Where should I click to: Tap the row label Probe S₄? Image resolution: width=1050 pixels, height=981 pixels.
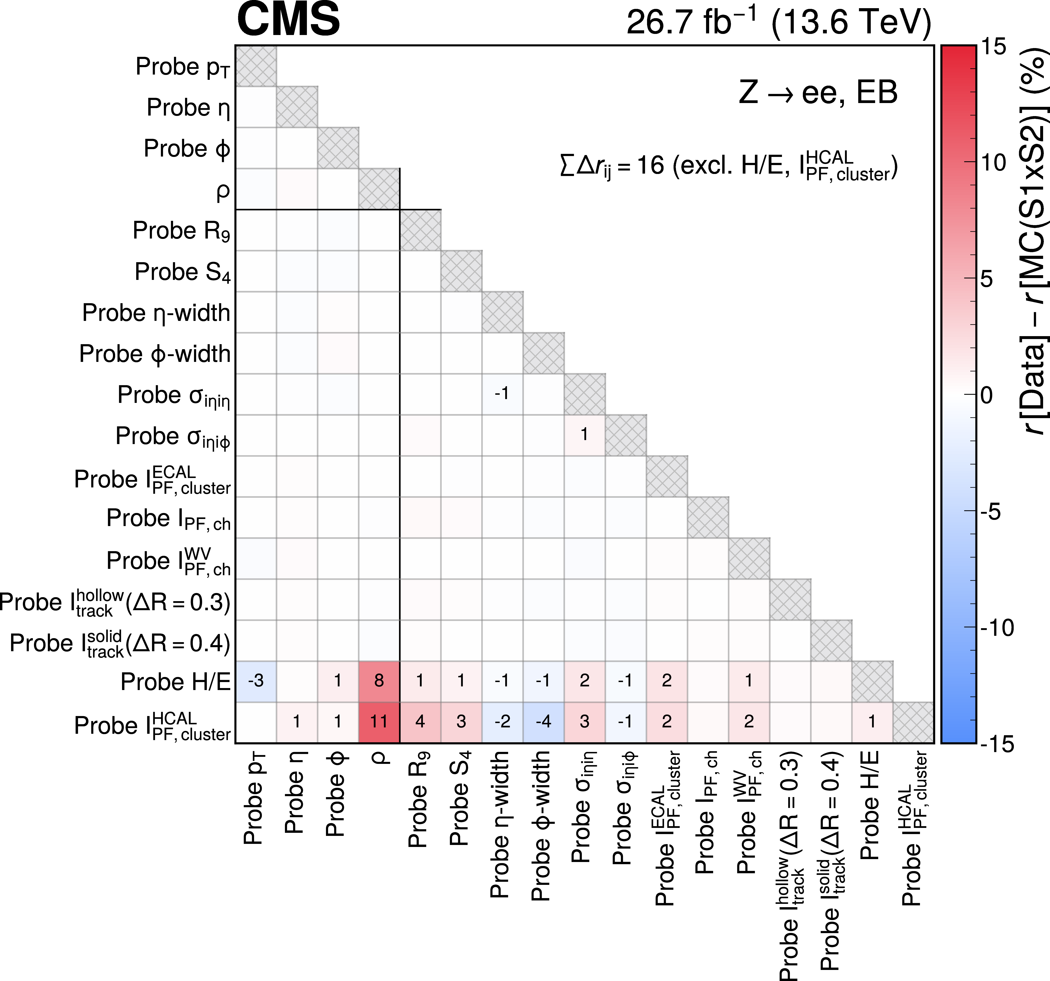point(183,272)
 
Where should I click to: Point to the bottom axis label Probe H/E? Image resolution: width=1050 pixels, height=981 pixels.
point(870,805)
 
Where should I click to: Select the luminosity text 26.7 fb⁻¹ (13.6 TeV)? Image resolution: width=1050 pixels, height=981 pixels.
point(779,22)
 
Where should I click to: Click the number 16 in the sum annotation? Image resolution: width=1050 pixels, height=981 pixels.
point(650,166)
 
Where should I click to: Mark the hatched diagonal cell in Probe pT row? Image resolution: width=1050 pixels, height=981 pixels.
point(256,66)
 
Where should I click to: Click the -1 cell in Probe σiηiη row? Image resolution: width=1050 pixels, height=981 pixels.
point(502,394)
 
